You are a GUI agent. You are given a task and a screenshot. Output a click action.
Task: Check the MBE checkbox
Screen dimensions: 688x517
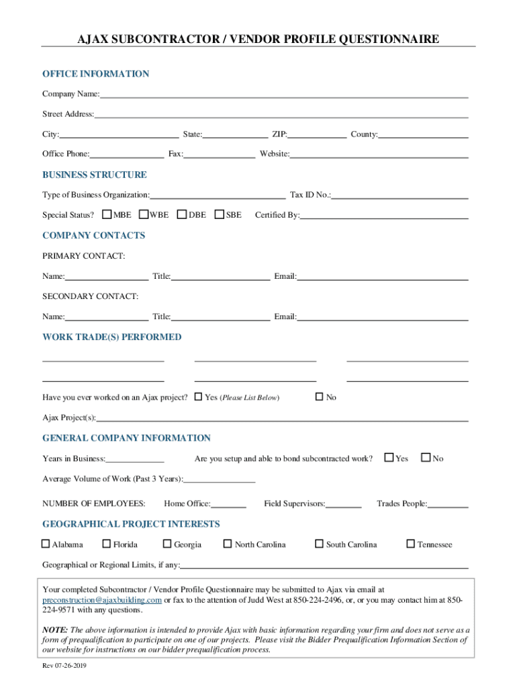pos(107,215)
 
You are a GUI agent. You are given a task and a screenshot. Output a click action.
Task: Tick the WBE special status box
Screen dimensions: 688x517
pos(144,215)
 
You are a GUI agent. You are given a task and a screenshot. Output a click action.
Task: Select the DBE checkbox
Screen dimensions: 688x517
pos(182,215)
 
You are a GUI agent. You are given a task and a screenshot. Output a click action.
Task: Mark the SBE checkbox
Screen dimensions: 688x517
pos(220,215)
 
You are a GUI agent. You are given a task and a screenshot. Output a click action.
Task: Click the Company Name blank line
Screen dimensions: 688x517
pos(283,94)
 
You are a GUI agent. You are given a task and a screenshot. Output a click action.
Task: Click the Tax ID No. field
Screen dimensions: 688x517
pos(400,195)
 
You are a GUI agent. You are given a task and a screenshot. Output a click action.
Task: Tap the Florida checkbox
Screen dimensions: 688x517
pos(107,544)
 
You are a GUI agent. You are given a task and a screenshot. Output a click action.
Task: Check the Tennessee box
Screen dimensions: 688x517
pos(411,544)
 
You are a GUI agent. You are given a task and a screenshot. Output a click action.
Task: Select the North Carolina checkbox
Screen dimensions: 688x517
pos(228,544)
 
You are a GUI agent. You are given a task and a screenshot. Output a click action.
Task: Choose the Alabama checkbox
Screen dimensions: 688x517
pos(46,544)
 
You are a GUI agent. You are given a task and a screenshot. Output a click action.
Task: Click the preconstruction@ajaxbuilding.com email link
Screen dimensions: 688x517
pos(102,600)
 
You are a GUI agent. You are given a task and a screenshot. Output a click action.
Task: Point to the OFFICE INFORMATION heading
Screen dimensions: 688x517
pos(96,74)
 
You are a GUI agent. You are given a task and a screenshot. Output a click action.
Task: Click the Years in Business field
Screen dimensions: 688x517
pos(135,459)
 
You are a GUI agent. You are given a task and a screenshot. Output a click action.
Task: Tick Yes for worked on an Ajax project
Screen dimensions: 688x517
pos(198,396)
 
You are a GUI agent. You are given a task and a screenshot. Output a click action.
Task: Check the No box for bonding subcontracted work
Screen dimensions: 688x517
pos(426,458)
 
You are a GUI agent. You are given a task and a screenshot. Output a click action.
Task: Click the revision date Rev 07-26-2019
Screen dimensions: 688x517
pos(64,666)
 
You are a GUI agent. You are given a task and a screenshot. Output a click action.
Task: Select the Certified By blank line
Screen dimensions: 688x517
pos(384,216)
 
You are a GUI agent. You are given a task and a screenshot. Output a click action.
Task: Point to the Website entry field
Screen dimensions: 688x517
pos(379,155)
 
